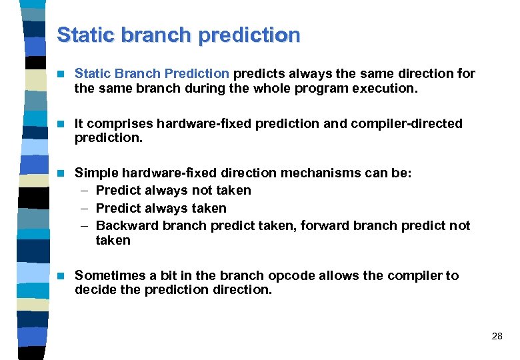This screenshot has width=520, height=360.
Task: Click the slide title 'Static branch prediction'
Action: click(x=178, y=35)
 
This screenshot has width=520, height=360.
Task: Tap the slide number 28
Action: click(x=497, y=336)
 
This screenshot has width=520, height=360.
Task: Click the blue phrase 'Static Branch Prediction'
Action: click(x=152, y=73)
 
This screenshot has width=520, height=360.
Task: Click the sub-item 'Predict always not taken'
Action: click(x=173, y=191)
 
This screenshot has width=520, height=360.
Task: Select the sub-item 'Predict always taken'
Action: click(x=161, y=208)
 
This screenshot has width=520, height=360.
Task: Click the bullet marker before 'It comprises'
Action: click(x=62, y=124)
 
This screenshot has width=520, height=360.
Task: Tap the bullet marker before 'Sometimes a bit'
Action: click(x=62, y=276)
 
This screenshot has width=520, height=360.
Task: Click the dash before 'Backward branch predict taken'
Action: click(x=84, y=225)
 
